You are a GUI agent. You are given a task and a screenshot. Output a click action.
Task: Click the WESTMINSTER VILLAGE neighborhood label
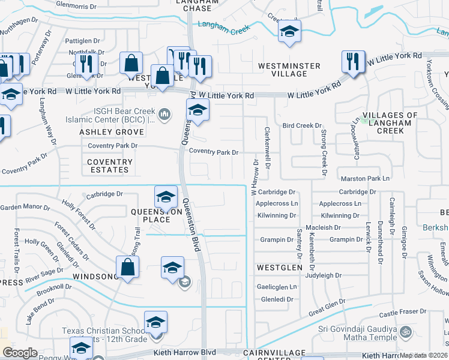pyautogui.click(x=289, y=70)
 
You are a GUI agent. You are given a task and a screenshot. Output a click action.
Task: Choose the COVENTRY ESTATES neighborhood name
pyautogui.click(x=109, y=166)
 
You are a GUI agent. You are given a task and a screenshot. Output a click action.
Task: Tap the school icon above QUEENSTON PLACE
pyautogui.click(x=166, y=196)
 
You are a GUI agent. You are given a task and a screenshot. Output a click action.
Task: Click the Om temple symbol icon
pyautogui.click(x=405, y=331)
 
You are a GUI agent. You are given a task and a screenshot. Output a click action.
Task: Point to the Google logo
pyautogui.click(x=20, y=353)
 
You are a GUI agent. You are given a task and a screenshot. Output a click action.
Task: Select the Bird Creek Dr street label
pyautogui.click(x=302, y=126)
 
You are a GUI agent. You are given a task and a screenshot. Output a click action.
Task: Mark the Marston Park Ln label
pyautogui.click(x=365, y=179)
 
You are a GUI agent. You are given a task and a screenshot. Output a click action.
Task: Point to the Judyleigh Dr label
pyautogui.click(x=323, y=276)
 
